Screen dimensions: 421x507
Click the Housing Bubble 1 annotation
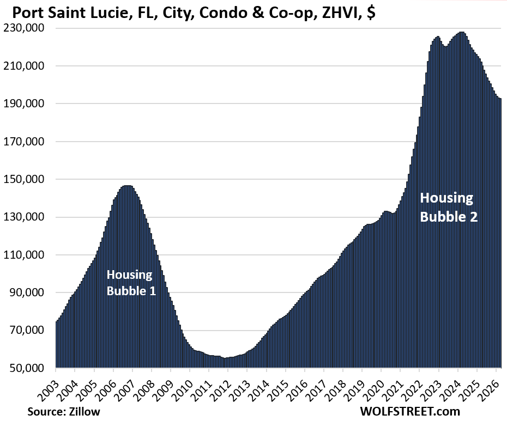point(131,283)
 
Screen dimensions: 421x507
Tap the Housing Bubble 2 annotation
point(448,207)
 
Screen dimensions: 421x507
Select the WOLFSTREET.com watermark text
point(409,411)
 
